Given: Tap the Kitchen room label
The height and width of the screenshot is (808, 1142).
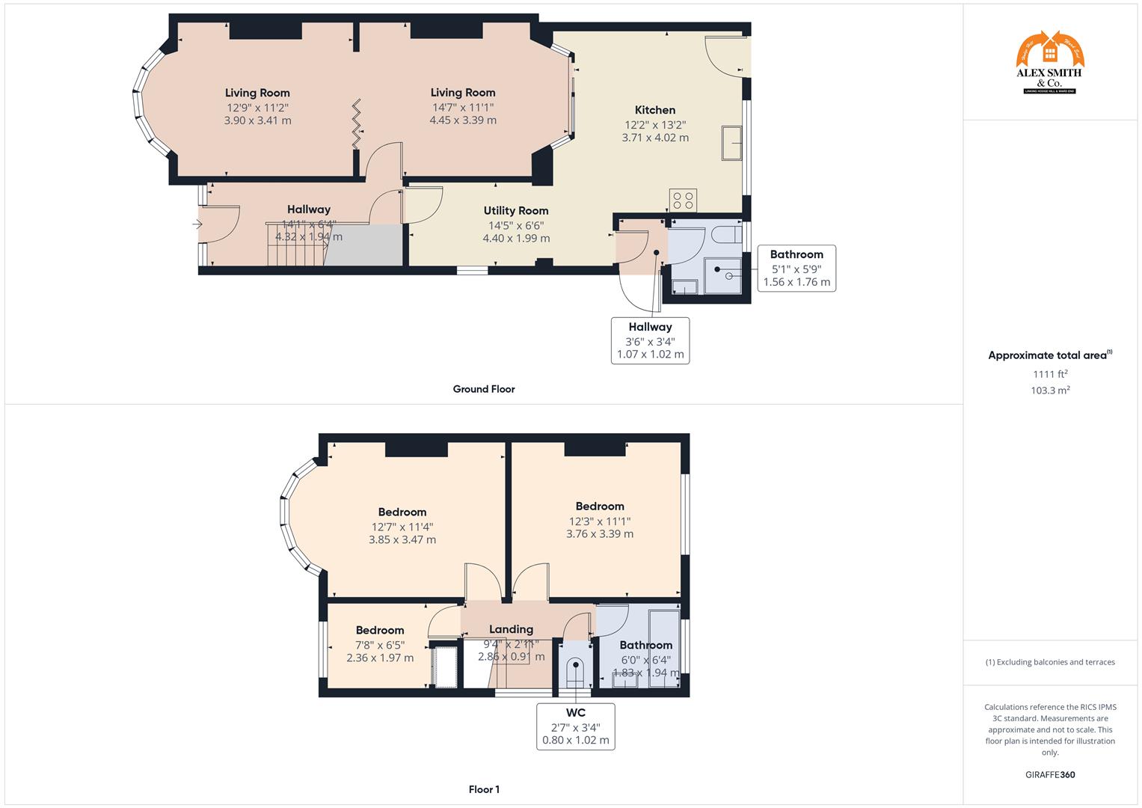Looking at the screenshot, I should pyautogui.click(x=655, y=110).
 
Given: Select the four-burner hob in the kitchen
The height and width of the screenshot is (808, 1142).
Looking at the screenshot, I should pyautogui.click(x=684, y=201).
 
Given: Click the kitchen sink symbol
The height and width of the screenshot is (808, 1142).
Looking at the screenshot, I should pyautogui.click(x=731, y=143).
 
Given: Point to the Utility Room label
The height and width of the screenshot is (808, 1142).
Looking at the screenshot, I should pyautogui.click(x=515, y=211).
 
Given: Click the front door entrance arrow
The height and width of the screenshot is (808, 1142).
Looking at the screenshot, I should pyautogui.click(x=197, y=224).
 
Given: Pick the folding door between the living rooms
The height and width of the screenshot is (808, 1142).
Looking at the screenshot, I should pyautogui.click(x=357, y=123).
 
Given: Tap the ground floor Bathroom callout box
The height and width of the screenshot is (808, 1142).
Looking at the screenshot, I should pyautogui.click(x=796, y=268).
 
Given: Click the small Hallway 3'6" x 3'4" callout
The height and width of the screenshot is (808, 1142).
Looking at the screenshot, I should pyautogui.click(x=650, y=340).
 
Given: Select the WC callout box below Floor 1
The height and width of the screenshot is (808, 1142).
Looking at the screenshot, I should pyautogui.click(x=575, y=726).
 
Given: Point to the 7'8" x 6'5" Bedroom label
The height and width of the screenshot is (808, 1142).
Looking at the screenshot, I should pyautogui.click(x=380, y=631).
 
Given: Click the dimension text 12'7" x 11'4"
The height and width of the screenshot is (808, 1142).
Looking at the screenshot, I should pyautogui.click(x=402, y=526).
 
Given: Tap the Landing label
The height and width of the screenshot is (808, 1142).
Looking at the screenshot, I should pyautogui.click(x=511, y=629).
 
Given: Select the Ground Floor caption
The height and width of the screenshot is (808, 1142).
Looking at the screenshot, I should pyautogui.click(x=484, y=389).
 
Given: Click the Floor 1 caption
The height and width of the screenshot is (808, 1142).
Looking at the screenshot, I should pyautogui.click(x=484, y=789).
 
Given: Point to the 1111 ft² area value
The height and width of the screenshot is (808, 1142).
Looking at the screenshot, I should pyautogui.click(x=1050, y=374).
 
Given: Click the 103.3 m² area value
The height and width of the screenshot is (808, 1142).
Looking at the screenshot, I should pyautogui.click(x=1050, y=391).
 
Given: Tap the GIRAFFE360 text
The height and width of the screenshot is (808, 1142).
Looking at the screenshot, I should pyautogui.click(x=1050, y=775).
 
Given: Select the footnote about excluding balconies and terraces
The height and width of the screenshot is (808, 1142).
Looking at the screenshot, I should pyautogui.click(x=1050, y=662).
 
